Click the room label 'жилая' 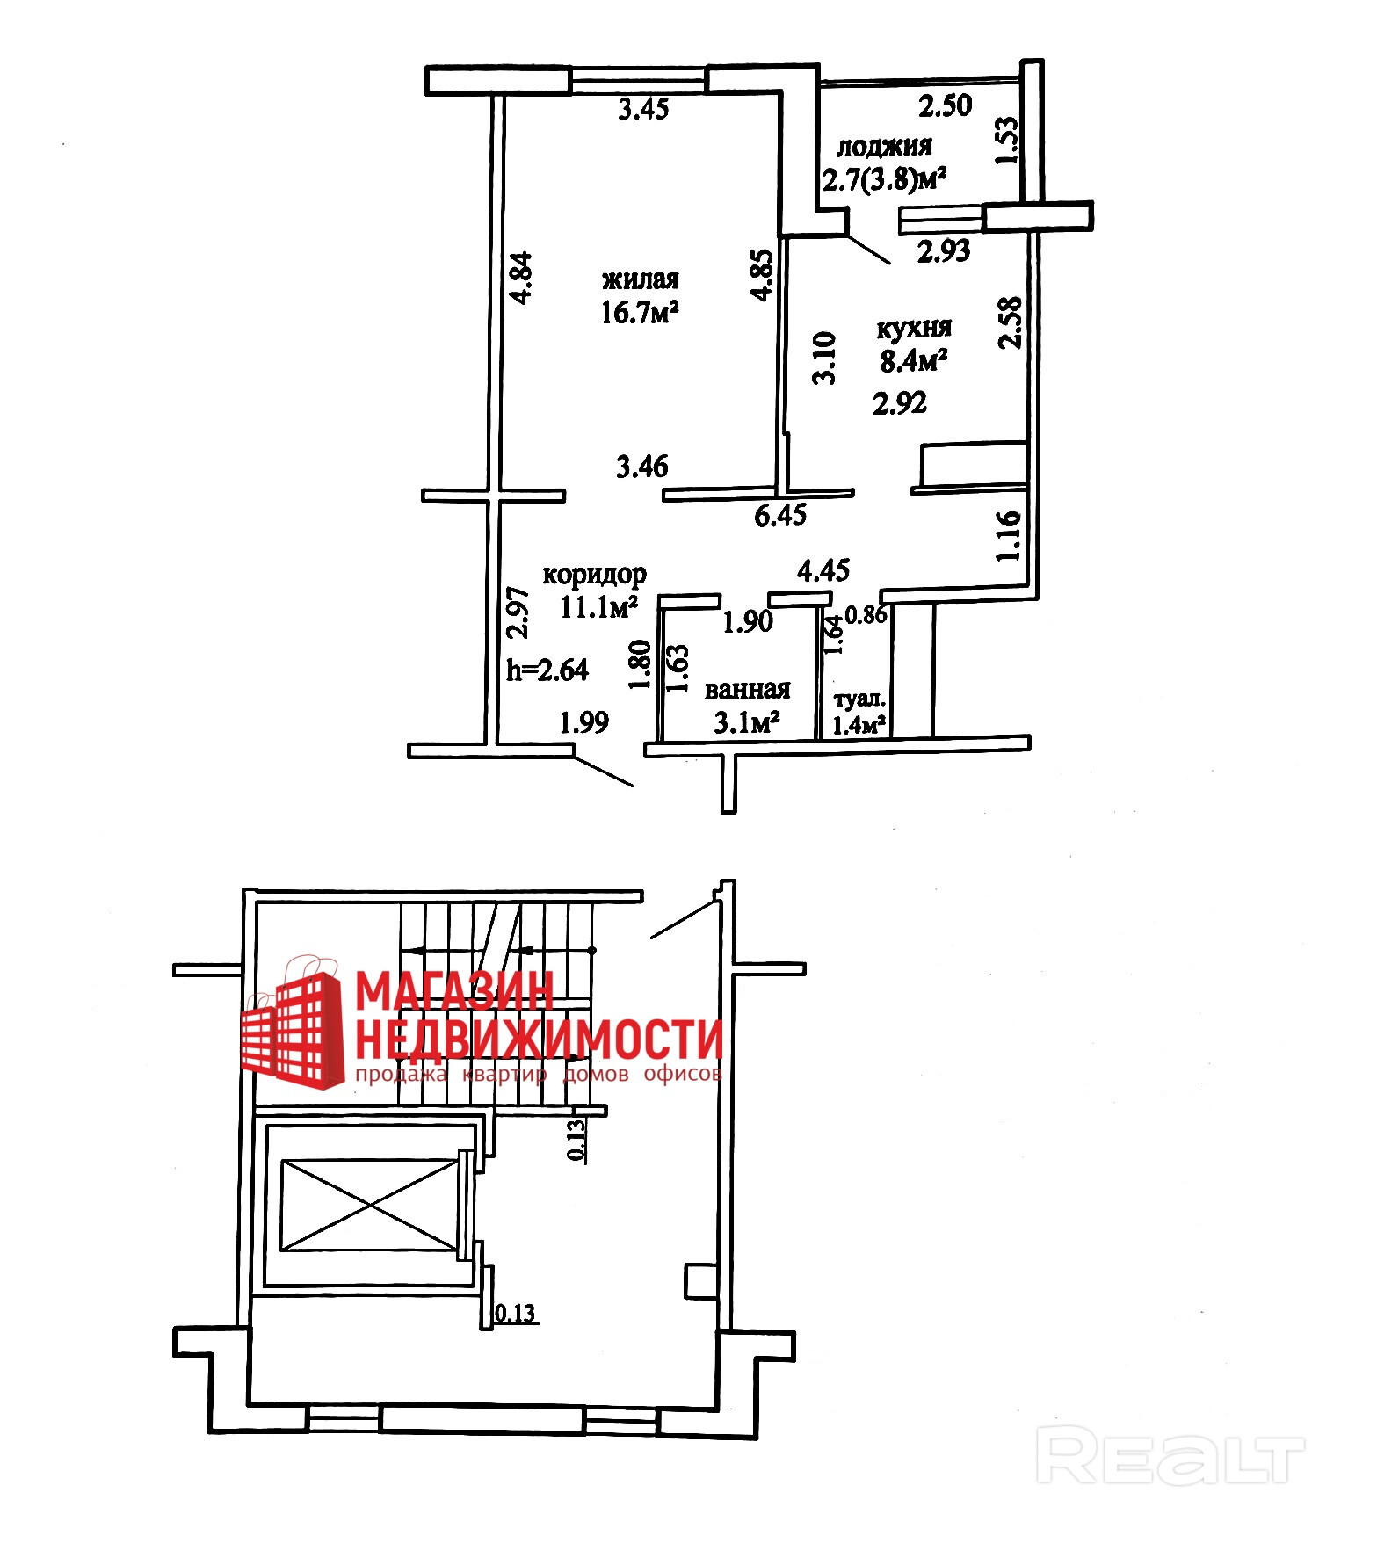pyautogui.click(x=640, y=280)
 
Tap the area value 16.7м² pyautogui.click(x=640, y=312)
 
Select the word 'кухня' pyautogui.click(x=914, y=328)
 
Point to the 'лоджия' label pyautogui.click(x=883, y=146)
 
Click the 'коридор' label pyautogui.click(x=594, y=575)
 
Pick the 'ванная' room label pyautogui.click(x=747, y=690)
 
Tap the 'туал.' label pyautogui.click(x=859, y=699)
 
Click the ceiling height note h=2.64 pyautogui.click(x=547, y=670)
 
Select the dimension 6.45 pyautogui.click(x=780, y=515)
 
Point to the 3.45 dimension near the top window pyautogui.click(x=643, y=109)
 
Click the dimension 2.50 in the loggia pyautogui.click(x=945, y=106)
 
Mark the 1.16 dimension pyautogui.click(x=1009, y=535)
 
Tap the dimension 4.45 pyautogui.click(x=823, y=571)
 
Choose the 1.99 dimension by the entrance pyautogui.click(x=584, y=722)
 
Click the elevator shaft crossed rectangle pyautogui.click(x=369, y=1204)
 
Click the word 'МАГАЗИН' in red pyautogui.click(x=454, y=991)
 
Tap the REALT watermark pyautogui.click(x=1170, y=1455)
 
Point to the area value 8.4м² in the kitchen pyautogui.click(x=914, y=359)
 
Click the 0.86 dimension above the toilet pyautogui.click(x=866, y=614)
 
